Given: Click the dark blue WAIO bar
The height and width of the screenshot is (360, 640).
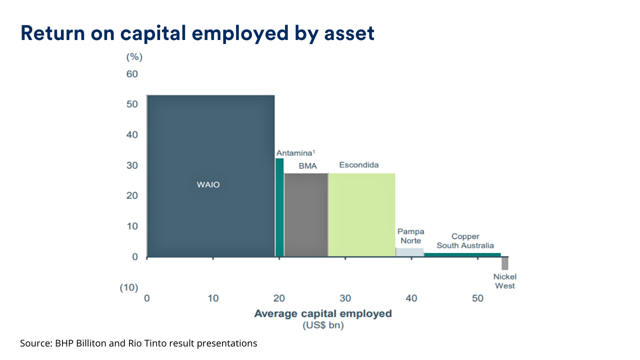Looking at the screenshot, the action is click(211, 176).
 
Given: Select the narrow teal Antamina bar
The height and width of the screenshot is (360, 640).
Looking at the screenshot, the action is click(279, 207).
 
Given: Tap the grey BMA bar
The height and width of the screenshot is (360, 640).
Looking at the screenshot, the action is click(306, 215).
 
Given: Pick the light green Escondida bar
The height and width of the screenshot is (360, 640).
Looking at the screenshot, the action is click(361, 215).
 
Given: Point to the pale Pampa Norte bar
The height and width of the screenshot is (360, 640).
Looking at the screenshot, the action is click(409, 252).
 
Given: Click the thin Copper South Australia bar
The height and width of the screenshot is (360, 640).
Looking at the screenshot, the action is click(462, 255).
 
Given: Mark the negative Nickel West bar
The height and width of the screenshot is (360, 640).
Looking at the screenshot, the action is click(505, 263).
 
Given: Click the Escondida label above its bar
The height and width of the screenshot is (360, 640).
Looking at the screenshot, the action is click(359, 165).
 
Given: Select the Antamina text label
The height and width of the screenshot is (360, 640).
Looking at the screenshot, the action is click(295, 153).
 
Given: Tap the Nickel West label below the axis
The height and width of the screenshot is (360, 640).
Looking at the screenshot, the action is click(505, 281).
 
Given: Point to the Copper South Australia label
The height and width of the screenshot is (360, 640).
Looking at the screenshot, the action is click(465, 241).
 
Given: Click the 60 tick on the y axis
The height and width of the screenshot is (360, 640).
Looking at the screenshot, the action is click(132, 74).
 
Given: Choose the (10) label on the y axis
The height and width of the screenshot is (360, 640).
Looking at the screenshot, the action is click(129, 287).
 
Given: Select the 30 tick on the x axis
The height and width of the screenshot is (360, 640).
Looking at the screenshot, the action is click(345, 298).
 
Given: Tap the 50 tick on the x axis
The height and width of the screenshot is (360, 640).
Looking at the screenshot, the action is click(477, 298).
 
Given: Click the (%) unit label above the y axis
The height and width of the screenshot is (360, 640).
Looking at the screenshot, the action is click(134, 57).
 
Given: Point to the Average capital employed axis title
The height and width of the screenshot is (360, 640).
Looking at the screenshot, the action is click(323, 313).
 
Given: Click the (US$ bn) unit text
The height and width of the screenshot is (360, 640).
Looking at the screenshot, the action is click(323, 325).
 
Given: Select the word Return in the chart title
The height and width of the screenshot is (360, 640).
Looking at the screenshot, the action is click(53, 33).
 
